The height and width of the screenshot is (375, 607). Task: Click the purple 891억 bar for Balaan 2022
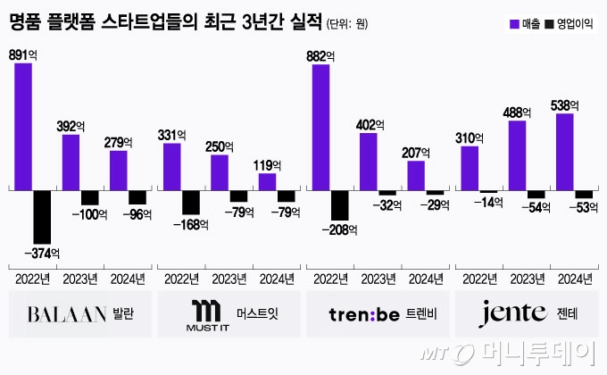pyautogui.click(x=23, y=126)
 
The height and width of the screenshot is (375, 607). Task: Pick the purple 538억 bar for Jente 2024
pyautogui.click(x=565, y=151)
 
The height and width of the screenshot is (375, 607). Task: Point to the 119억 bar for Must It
pyautogui.click(x=267, y=181)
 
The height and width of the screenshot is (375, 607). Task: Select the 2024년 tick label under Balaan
pyautogui.click(x=128, y=278)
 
